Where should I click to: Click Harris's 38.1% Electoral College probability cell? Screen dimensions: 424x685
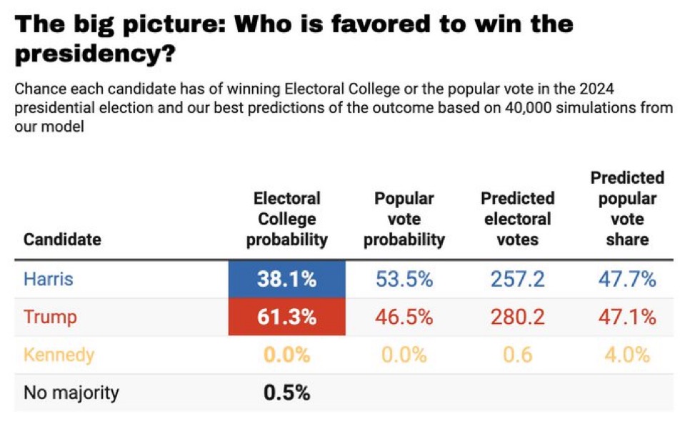287,279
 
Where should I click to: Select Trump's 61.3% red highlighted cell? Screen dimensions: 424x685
287,317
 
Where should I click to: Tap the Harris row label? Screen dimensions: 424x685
49,279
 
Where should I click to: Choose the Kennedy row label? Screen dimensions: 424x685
59,355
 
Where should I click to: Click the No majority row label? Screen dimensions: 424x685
71,393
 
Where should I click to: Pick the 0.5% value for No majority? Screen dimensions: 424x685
287,393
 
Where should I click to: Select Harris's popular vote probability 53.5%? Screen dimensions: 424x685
404,279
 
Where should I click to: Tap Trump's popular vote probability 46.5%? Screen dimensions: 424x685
404,317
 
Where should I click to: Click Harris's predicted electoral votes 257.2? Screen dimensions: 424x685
517,279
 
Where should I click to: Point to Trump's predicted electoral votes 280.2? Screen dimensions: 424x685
517,317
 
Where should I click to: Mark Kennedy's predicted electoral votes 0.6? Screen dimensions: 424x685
517,355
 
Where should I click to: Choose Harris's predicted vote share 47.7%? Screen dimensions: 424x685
627,279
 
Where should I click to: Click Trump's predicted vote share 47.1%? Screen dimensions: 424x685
627,317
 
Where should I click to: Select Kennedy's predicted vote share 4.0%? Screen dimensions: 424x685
627,355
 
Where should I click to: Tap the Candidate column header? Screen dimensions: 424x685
62,239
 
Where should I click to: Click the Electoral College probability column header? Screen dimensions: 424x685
287,219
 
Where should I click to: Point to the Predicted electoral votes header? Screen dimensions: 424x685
517,219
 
